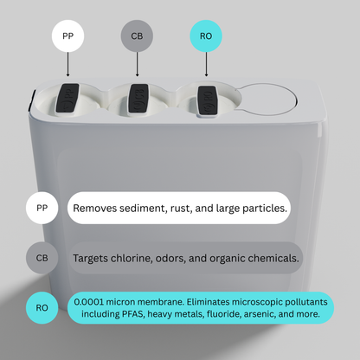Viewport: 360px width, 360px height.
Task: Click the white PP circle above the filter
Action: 67,35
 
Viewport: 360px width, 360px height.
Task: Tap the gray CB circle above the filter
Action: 137,35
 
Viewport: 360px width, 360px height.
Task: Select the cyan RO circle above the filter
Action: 206,35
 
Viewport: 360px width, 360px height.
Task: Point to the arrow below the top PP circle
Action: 67,64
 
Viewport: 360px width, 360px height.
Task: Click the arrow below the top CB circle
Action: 137,64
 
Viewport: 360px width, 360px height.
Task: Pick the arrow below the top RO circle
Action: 206,64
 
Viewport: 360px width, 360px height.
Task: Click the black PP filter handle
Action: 67,98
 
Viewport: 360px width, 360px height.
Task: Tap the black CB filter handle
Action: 138,99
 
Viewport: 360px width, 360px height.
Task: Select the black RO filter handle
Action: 208,100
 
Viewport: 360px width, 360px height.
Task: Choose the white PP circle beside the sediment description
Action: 42,208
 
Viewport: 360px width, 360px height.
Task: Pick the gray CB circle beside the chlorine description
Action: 42,258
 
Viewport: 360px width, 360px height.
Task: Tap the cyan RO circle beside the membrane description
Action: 42,307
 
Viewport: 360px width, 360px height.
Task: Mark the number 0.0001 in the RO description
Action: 88,302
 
